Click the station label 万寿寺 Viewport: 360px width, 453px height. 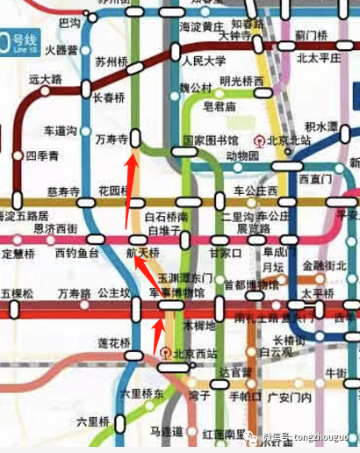112,140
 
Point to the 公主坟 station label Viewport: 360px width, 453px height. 113,293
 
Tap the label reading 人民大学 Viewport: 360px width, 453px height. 205,62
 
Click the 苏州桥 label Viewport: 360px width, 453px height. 112,63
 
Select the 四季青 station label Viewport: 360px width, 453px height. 42,156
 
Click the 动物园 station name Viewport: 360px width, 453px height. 243,156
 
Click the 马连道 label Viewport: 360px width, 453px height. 166,431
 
